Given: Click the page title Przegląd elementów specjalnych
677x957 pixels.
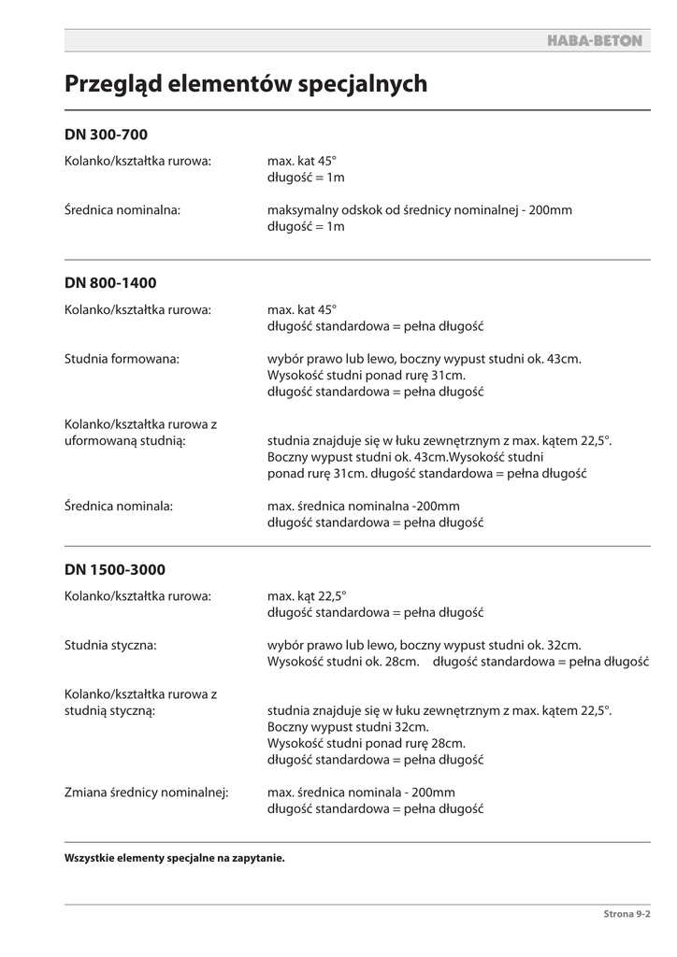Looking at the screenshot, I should (246, 84).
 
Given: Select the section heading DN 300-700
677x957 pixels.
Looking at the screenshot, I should (106, 135).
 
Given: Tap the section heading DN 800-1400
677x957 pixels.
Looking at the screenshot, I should (110, 282).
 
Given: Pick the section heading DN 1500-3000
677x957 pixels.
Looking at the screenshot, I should (115, 569).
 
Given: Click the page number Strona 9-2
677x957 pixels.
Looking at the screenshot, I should (622, 915).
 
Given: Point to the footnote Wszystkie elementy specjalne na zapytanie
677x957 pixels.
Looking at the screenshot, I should (174, 857).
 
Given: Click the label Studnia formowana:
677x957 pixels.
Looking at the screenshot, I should (122, 358).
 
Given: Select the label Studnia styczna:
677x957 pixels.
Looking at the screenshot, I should (110, 645).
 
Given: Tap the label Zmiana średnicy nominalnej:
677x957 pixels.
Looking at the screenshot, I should (147, 793).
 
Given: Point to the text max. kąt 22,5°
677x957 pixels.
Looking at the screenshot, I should (307, 595).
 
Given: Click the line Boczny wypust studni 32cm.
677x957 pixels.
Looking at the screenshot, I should (348, 726).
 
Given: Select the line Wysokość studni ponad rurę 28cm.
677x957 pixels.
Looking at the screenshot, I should (366, 743).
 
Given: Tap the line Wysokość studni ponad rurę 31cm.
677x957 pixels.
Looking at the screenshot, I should (366, 375).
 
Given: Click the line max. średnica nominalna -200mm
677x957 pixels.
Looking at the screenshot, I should (364, 506).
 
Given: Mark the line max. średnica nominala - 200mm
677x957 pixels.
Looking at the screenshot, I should (361, 793).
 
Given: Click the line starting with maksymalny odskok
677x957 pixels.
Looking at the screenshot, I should (419, 210).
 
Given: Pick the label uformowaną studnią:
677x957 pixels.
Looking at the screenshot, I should (124, 440).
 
